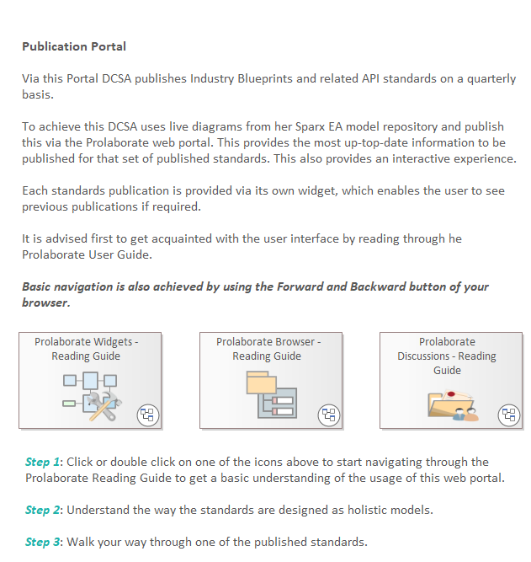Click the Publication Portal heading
pyautogui.click(x=74, y=46)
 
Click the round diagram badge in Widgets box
pyautogui.click(x=148, y=415)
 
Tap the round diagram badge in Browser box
pyautogui.click(x=328, y=415)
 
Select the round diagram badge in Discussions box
pyautogui.click(x=508, y=415)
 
